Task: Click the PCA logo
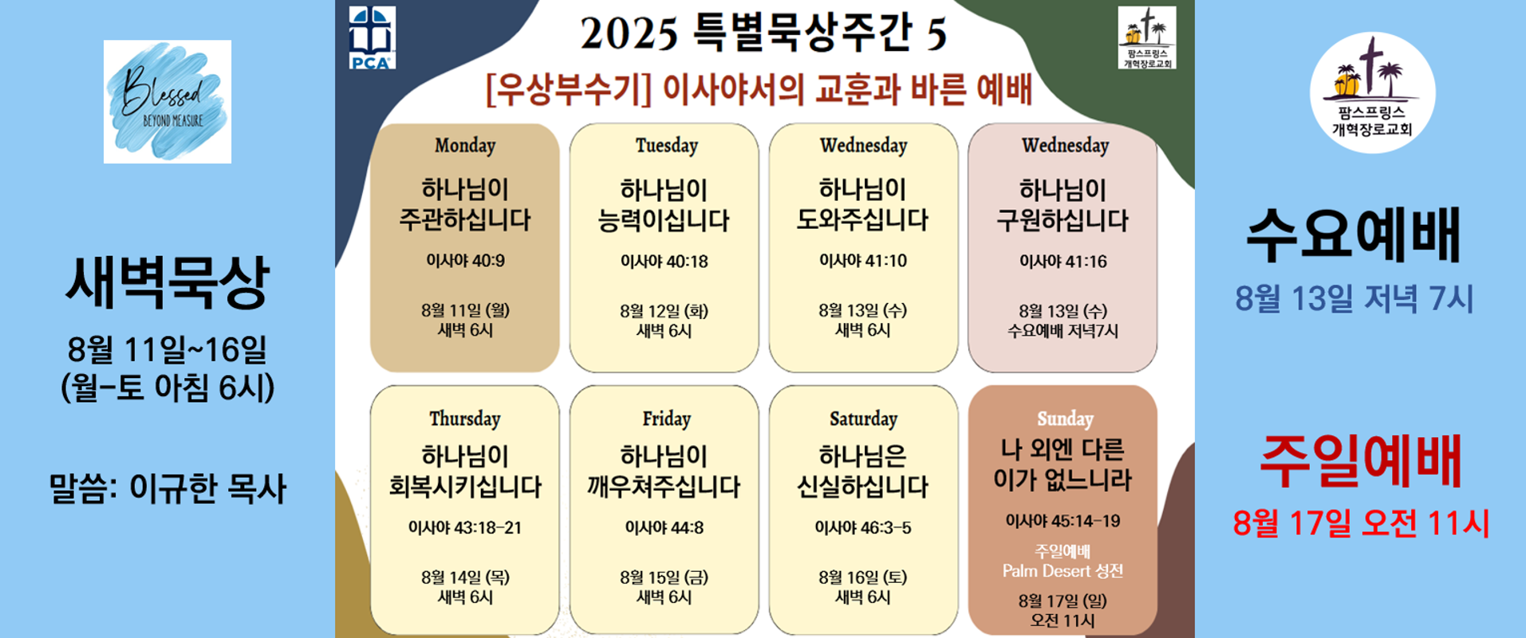coord(372,37)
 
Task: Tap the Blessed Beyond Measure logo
coord(168,101)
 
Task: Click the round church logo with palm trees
coord(1372,93)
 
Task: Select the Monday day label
coord(465,145)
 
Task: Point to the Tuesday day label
coord(666,145)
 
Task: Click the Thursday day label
coord(465,419)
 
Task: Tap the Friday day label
coord(666,419)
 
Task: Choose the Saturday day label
coord(863,419)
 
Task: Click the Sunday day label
coord(1065,419)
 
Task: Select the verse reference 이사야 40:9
coord(465,261)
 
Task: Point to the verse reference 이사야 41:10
coord(863,261)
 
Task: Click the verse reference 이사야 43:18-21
coord(465,527)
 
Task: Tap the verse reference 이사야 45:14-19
coord(1063,521)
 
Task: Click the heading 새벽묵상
coord(167,282)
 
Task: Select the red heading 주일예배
coord(1360,461)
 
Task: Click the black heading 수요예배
coord(1354,234)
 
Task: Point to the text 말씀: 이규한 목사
coord(168,488)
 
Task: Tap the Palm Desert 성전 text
coord(1063,571)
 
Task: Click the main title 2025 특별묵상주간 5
coord(763,33)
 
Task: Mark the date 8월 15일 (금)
coord(664,577)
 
